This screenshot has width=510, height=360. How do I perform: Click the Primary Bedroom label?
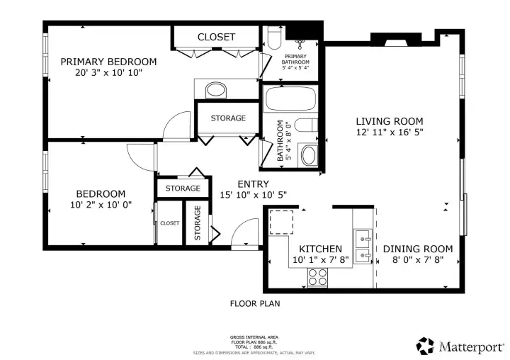click(108, 62)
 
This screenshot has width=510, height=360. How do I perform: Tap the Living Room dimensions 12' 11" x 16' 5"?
click(390, 132)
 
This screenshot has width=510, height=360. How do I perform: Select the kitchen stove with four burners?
click(317, 277)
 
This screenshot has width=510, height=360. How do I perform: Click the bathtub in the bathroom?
click(291, 99)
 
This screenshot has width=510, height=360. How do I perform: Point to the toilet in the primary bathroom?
click(275, 38)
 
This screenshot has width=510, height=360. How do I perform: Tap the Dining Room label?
click(418, 249)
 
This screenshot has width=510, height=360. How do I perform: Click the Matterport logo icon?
click(426, 346)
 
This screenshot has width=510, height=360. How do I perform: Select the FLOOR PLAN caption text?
click(255, 304)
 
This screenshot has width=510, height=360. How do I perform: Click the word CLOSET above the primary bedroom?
click(216, 37)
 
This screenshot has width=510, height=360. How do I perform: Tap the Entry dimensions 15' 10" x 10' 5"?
click(254, 195)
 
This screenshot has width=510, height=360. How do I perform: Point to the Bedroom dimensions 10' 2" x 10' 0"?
click(101, 205)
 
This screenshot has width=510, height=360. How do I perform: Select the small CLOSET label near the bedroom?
click(170, 223)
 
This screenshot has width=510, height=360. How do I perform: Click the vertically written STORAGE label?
click(198, 223)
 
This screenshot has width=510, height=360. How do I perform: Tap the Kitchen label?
click(320, 249)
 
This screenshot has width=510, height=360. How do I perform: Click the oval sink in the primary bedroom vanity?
click(216, 89)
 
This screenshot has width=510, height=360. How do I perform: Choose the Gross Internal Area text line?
click(254, 337)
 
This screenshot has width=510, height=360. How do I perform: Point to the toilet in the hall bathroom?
click(306, 125)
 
